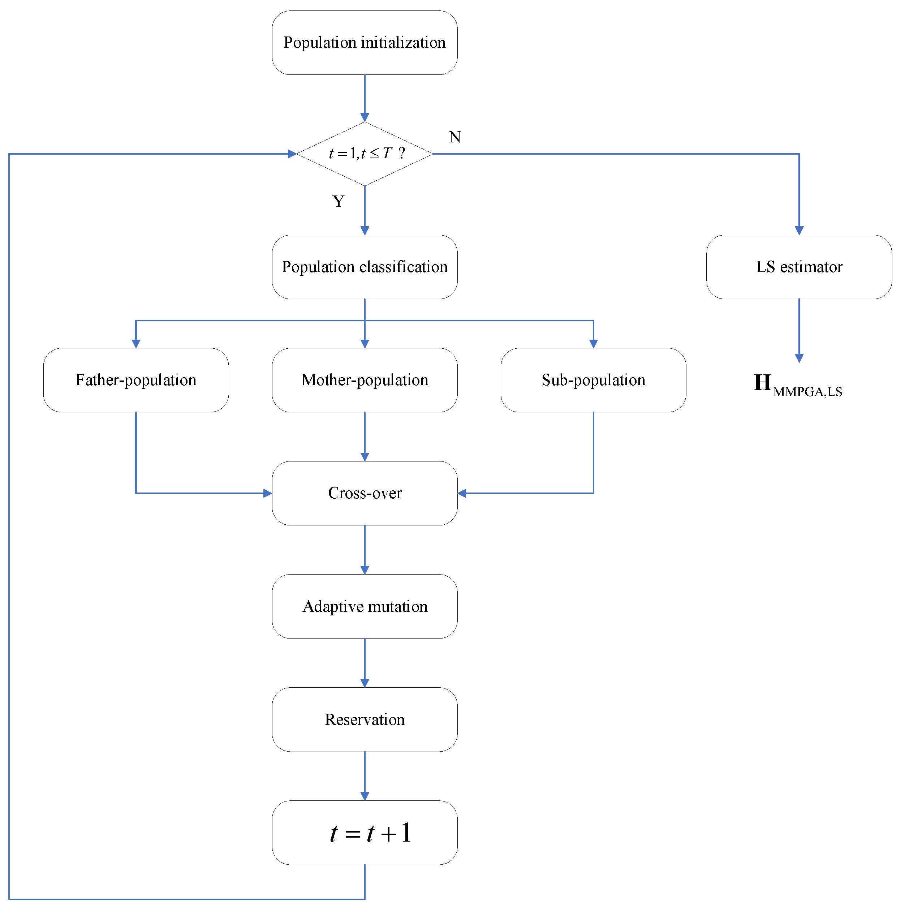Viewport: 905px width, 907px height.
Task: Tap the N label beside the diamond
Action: [454, 137]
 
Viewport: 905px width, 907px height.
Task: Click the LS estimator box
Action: [798, 267]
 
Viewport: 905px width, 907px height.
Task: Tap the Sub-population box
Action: [593, 380]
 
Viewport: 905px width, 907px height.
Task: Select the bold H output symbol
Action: [762, 382]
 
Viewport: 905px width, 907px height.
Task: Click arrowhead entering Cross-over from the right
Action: [462, 493]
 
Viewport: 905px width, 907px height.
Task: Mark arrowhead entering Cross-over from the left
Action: [268, 493]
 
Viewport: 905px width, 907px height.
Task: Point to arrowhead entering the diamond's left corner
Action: [292, 154]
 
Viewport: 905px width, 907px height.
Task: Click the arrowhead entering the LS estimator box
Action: [798, 230]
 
